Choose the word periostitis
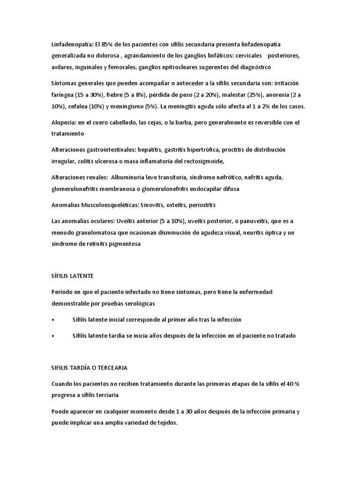[x=200, y=205]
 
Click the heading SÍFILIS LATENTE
[x=73, y=276]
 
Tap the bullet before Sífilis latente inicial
[x=52, y=320]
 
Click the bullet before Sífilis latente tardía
[x=52, y=336]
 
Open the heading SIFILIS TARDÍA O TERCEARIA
[x=90, y=367]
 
